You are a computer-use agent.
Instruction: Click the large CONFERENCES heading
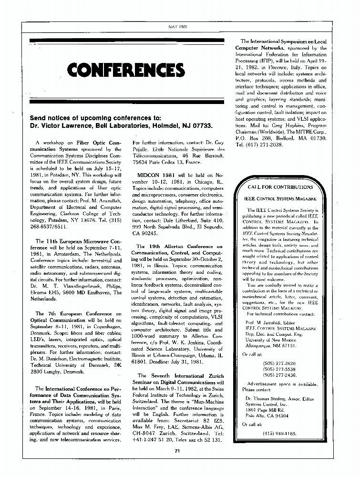126,71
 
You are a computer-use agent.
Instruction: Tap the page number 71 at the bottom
177,450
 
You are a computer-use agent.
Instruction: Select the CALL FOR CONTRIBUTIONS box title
280,187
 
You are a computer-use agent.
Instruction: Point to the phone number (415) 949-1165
279,433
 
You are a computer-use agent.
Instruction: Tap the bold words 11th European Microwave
79,242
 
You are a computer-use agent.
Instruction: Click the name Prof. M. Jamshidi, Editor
273,323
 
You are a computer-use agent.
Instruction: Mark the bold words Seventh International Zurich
187,376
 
